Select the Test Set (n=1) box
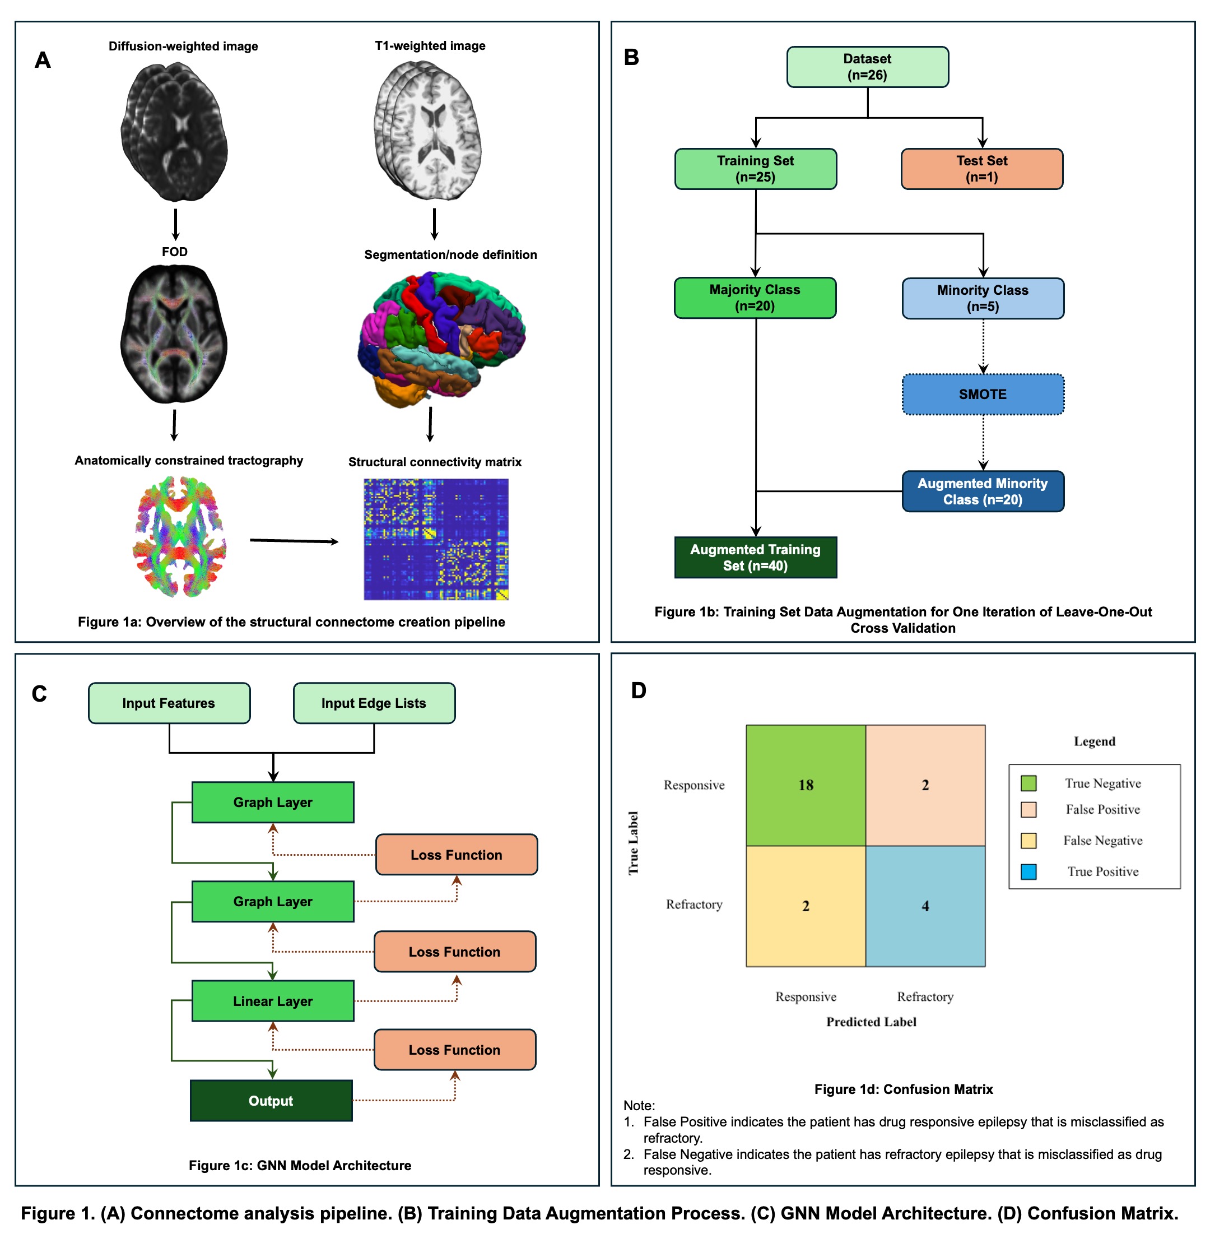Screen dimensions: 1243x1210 [981, 169]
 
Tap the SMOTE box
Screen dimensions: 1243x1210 [983, 394]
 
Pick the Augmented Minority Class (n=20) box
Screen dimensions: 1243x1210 [983, 491]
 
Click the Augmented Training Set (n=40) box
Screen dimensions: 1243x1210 [755, 558]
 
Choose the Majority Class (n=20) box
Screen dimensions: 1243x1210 [755, 298]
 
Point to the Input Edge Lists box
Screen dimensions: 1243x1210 [374, 703]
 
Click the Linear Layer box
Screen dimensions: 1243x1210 [273, 1001]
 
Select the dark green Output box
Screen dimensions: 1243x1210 [271, 1101]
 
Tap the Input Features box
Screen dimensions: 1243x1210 [169, 703]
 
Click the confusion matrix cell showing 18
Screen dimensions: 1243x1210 [806, 785]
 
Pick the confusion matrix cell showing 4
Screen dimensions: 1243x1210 [925, 906]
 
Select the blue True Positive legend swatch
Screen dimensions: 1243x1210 [1028, 871]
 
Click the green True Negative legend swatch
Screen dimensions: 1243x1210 [1028, 783]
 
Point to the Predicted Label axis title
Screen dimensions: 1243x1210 [871, 1022]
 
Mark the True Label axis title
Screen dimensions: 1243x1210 [634, 842]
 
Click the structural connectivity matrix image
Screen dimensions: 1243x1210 [436, 539]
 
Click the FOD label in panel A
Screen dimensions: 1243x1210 [175, 252]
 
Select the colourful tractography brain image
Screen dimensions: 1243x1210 [179, 537]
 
